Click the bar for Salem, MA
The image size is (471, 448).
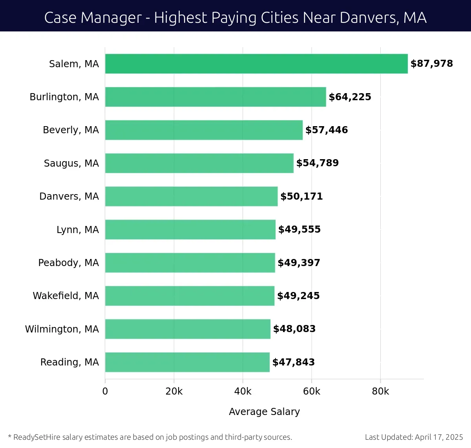pyautogui.click(x=256, y=64)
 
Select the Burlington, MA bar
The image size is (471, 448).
pyautogui.click(x=215, y=97)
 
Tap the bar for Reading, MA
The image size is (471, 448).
pyautogui.click(x=187, y=362)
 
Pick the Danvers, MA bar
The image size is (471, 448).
pyautogui.click(x=191, y=196)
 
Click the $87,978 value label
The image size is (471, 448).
pyautogui.click(x=431, y=64)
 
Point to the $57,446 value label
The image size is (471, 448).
pyautogui.click(x=327, y=130)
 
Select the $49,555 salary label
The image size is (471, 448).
pyautogui.click(x=299, y=230)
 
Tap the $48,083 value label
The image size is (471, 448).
pyautogui.click(x=294, y=329)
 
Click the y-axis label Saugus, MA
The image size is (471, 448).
pyautogui.click(x=71, y=163)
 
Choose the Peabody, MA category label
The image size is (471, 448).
pyautogui.click(x=68, y=263)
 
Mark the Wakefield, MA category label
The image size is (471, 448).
pyautogui.click(x=66, y=296)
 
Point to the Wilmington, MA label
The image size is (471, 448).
pyautogui.click(x=62, y=329)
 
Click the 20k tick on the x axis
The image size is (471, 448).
pyautogui.click(x=174, y=391)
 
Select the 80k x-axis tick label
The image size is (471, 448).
pyautogui.click(x=380, y=391)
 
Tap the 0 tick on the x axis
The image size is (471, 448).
pyautogui.click(x=105, y=391)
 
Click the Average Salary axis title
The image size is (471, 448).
pyautogui.click(x=264, y=411)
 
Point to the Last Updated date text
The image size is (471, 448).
pyautogui.click(x=414, y=437)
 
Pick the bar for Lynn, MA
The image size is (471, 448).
pyautogui.click(x=190, y=230)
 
